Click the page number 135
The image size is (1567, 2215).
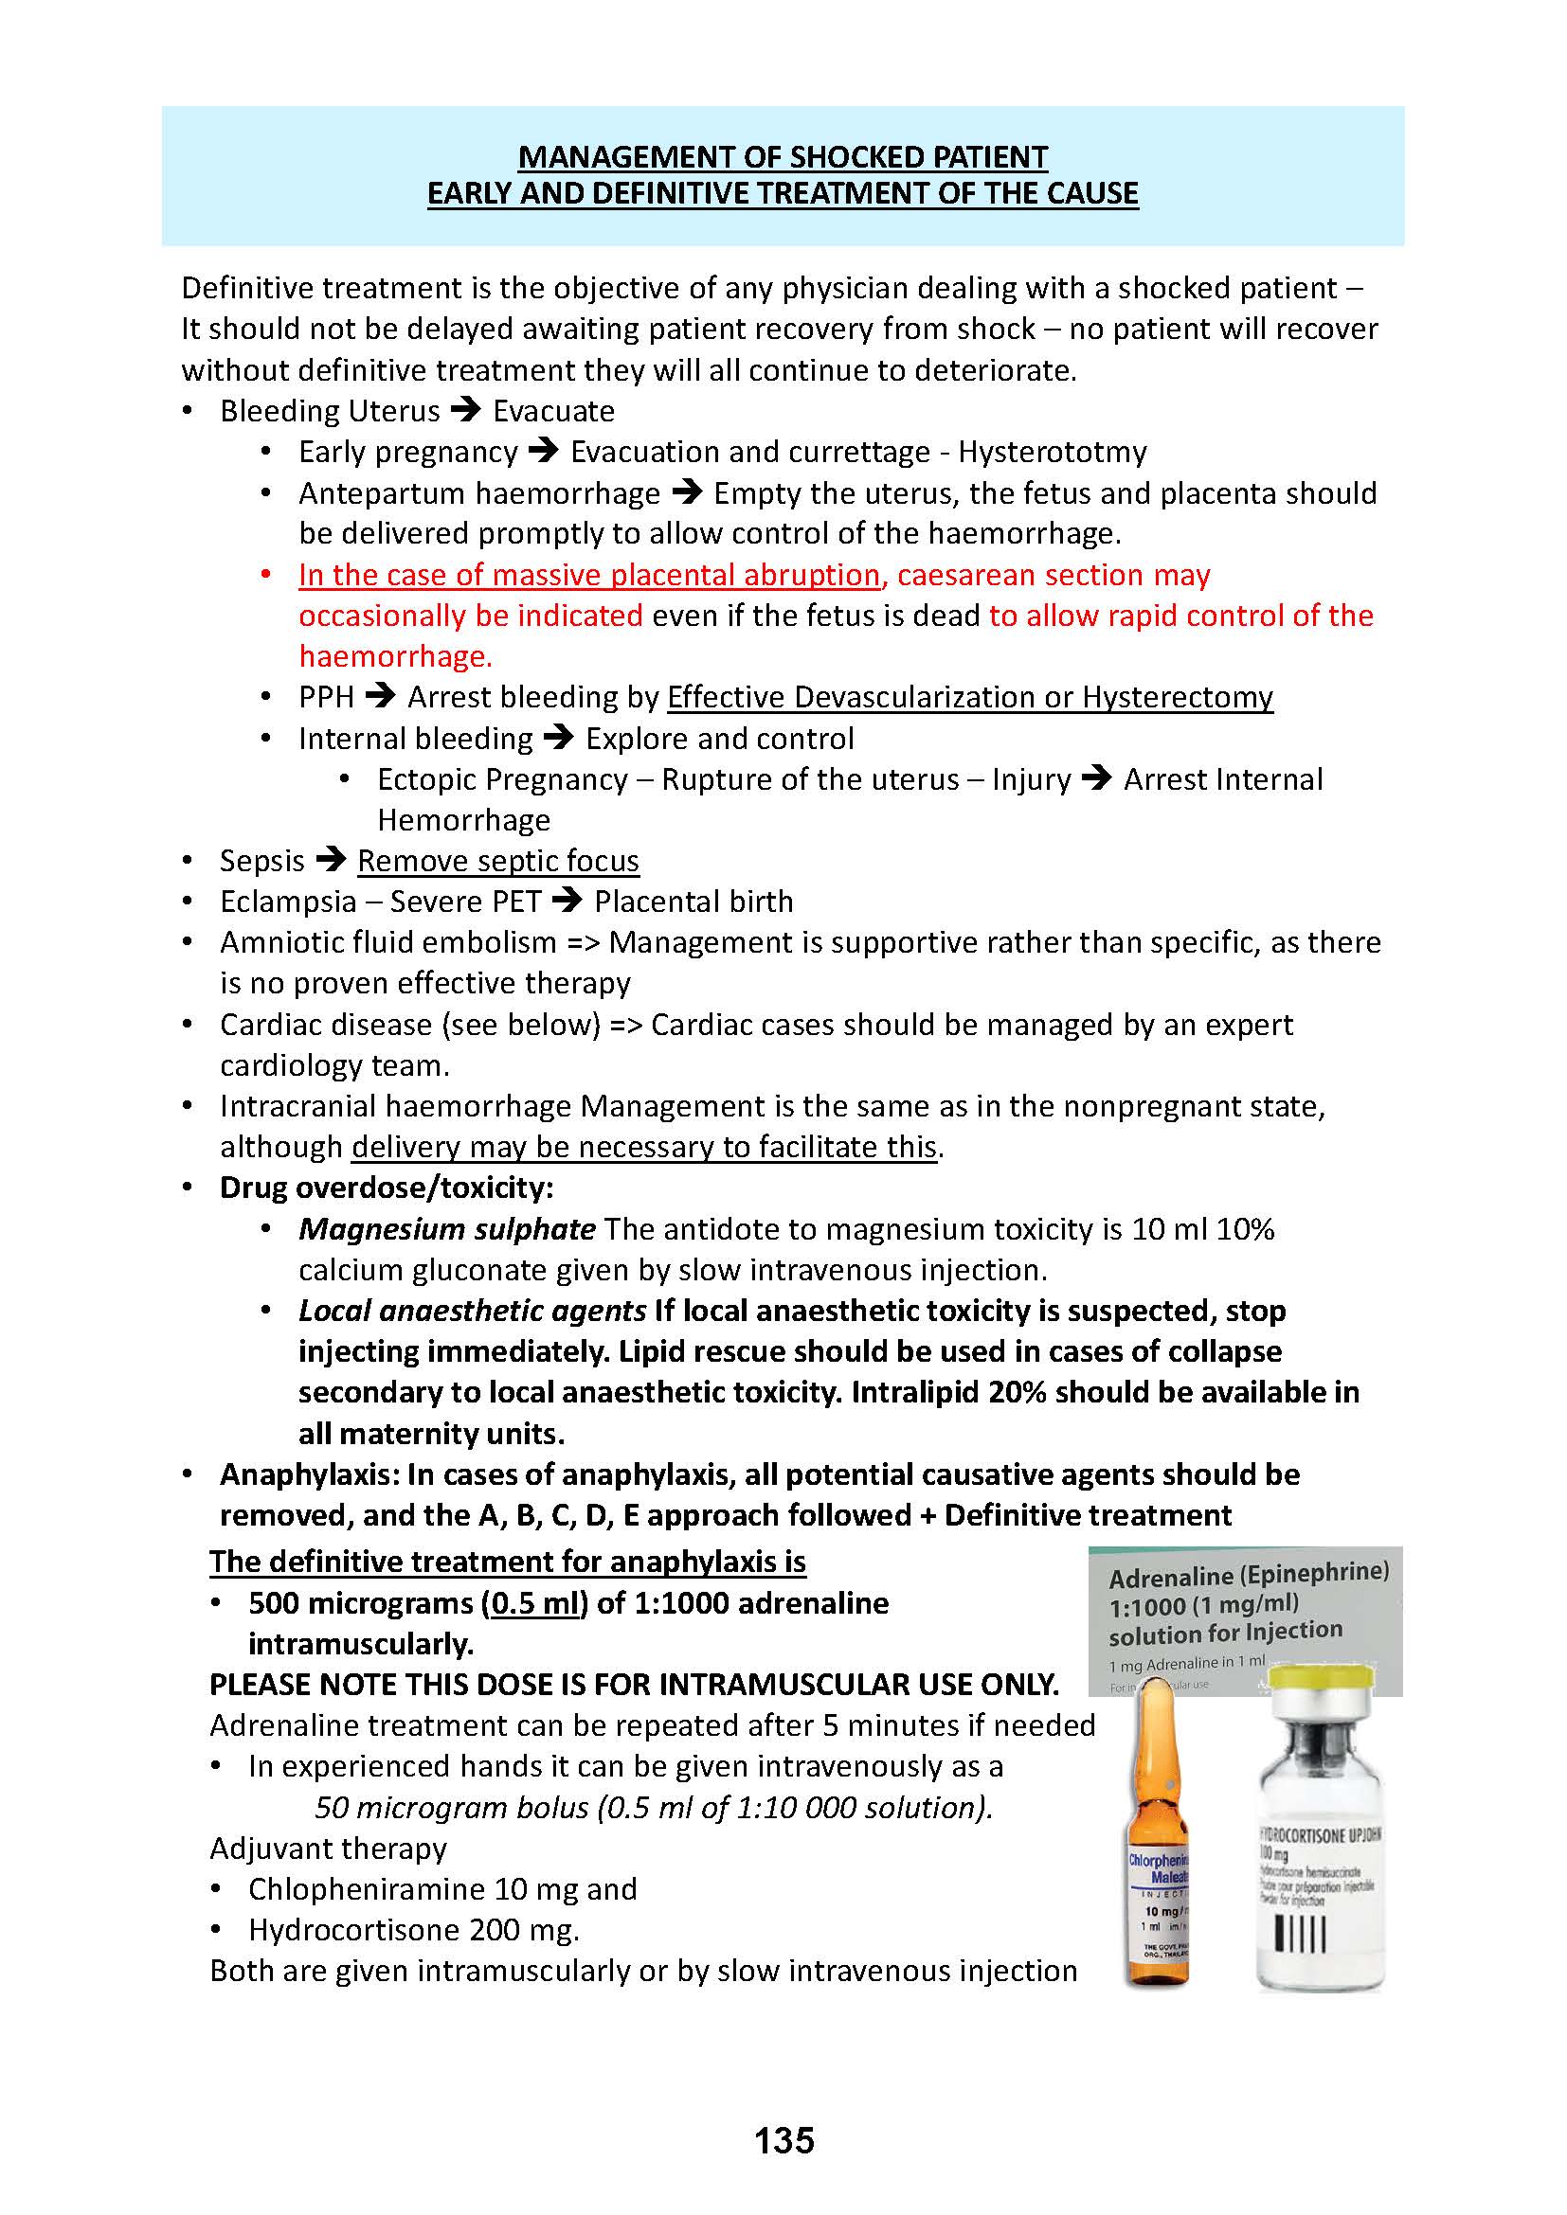point(783,2140)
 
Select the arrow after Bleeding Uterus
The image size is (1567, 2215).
point(466,410)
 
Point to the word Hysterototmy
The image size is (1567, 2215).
point(1052,452)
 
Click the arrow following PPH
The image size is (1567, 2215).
point(381,696)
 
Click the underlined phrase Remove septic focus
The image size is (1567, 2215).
point(498,860)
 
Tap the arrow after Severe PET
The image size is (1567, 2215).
point(567,900)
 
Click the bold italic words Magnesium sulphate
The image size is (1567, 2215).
point(447,1228)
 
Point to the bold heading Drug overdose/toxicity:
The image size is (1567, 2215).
point(386,1187)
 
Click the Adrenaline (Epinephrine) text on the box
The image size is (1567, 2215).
point(1249,1575)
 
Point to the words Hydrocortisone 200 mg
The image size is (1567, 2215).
point(413,1929)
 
